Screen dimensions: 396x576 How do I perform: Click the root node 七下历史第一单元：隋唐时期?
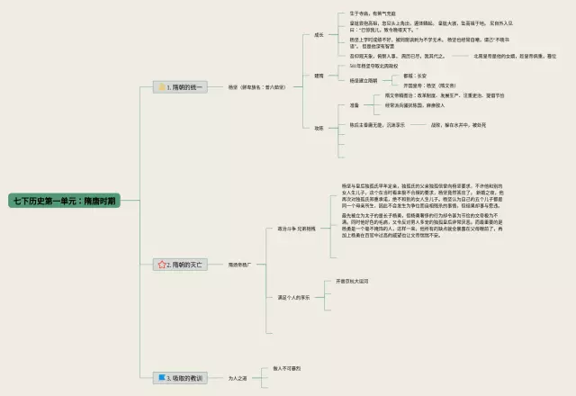[x=62, y=201]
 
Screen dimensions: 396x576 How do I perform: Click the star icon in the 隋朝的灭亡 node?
[x=162, y=265]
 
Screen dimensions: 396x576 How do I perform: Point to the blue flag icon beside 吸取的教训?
[x=161, y=378]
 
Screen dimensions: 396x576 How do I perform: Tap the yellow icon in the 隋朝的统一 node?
[x=162, y=87]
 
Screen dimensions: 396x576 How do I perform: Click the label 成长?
[x=319, y=35]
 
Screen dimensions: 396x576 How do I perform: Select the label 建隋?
[x=319, y=76]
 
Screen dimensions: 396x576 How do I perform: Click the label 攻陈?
[x=319, y=128]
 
